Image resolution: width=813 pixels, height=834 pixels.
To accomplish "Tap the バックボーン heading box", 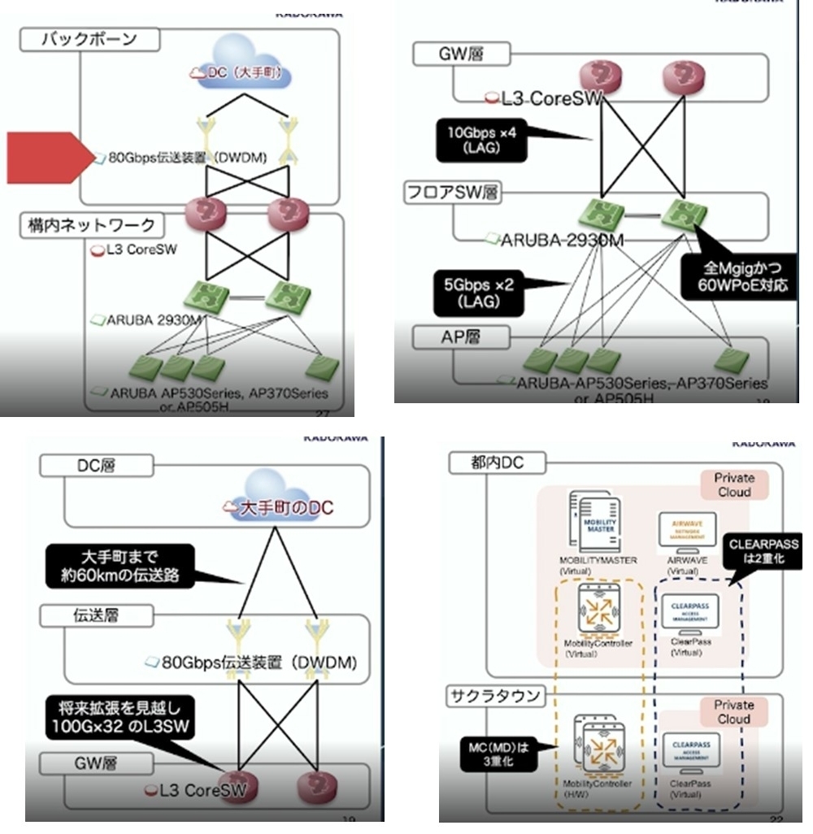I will tap(90, 39).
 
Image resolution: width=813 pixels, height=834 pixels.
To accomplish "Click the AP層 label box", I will tap(451, 335).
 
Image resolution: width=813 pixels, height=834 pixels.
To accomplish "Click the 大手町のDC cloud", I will tap(280, 509).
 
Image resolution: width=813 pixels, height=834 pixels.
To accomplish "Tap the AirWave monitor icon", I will tap(688, 529).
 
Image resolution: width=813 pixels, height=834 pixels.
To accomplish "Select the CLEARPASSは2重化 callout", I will tap(763, 551).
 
